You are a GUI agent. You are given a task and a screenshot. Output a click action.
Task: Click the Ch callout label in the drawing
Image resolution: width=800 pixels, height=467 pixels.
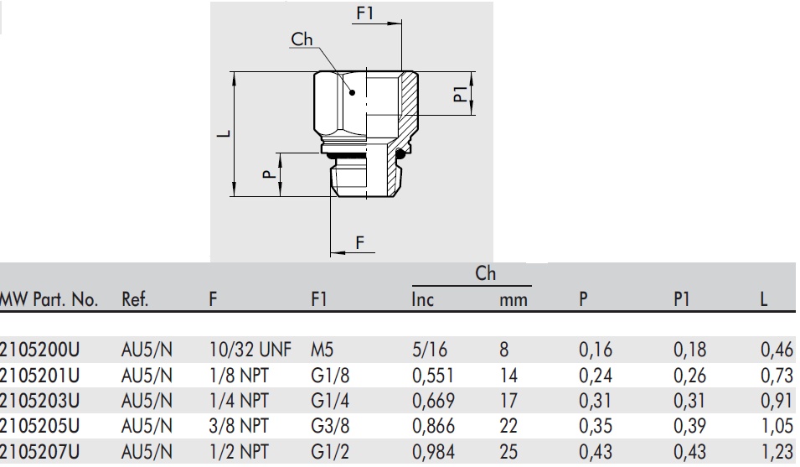click(x=302, y=39)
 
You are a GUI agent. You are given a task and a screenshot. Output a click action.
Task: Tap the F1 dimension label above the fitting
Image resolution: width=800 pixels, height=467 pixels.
click(x=364, y=13)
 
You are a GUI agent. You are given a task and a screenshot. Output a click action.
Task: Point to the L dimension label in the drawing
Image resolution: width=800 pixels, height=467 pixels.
click(x=224, y=133)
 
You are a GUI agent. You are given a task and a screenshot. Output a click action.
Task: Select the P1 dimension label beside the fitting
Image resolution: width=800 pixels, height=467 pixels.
click(x=461, y=94)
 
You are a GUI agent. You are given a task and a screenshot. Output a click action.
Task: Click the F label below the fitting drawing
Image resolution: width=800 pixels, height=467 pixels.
click(x=359, y=242)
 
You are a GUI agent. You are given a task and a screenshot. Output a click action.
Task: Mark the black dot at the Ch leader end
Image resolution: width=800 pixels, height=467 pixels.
click(x=352, y=92)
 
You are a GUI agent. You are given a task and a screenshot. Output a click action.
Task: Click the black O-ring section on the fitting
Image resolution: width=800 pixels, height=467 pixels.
click(x=401, y=152)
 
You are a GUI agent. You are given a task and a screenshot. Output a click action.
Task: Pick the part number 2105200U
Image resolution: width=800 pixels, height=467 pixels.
click(x=39, y=350)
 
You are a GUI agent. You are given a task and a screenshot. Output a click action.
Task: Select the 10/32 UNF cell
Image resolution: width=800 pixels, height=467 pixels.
click(x=250, y=350)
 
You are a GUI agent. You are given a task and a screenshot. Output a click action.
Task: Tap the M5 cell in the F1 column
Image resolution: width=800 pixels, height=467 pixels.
click(x=322, y=350)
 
